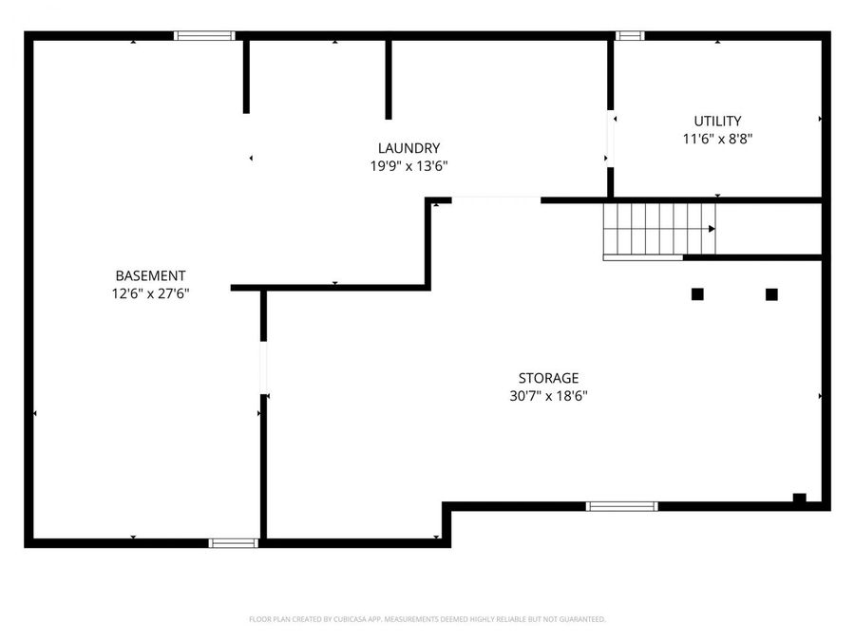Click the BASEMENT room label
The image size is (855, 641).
(150, 275)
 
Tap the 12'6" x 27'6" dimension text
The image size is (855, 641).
(150, 293)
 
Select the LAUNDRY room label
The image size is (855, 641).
(408, 148)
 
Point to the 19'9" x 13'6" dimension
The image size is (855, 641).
(408, 165)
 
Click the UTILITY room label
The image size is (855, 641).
(717, 121)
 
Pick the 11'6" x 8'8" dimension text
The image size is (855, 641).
(717, 138)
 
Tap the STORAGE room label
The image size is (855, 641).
(548, 378)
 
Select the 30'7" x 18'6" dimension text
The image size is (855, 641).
(548, 396)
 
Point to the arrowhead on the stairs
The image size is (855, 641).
(711, 229)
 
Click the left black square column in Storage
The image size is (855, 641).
(697, 294)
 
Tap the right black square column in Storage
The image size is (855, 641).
(771, 294)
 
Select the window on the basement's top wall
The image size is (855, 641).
(204, 36)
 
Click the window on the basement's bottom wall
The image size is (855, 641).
(233, 543)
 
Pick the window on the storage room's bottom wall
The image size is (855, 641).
(621, 506)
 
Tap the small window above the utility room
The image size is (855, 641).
(629, 36)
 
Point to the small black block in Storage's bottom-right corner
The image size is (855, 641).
(799, 498)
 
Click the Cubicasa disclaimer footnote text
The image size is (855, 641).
(427, 619)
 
